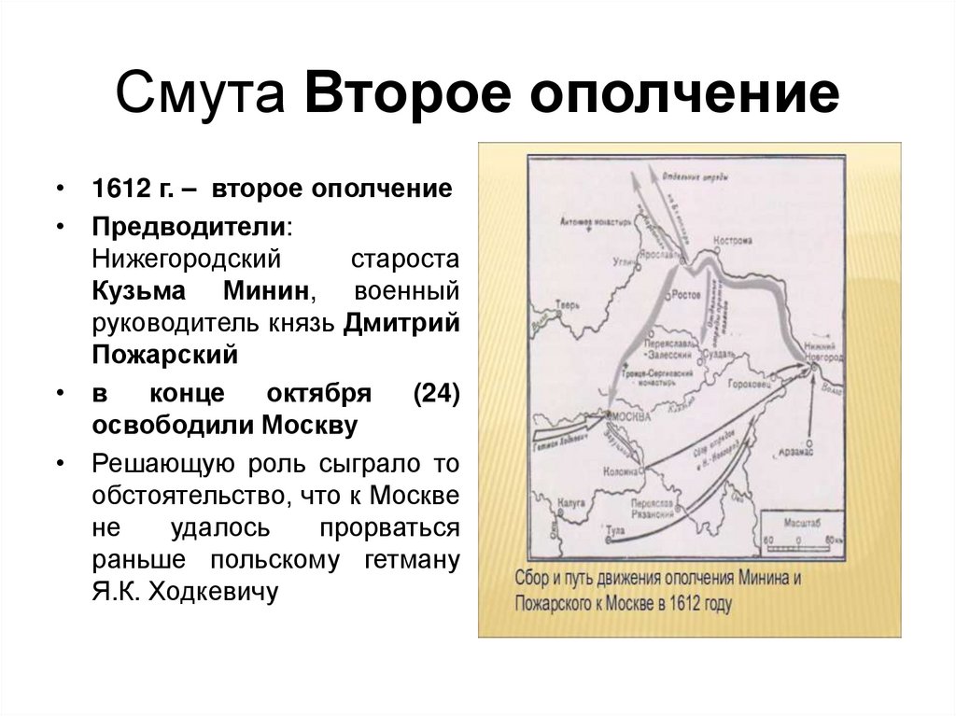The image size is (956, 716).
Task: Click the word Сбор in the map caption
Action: coord(534,576)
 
